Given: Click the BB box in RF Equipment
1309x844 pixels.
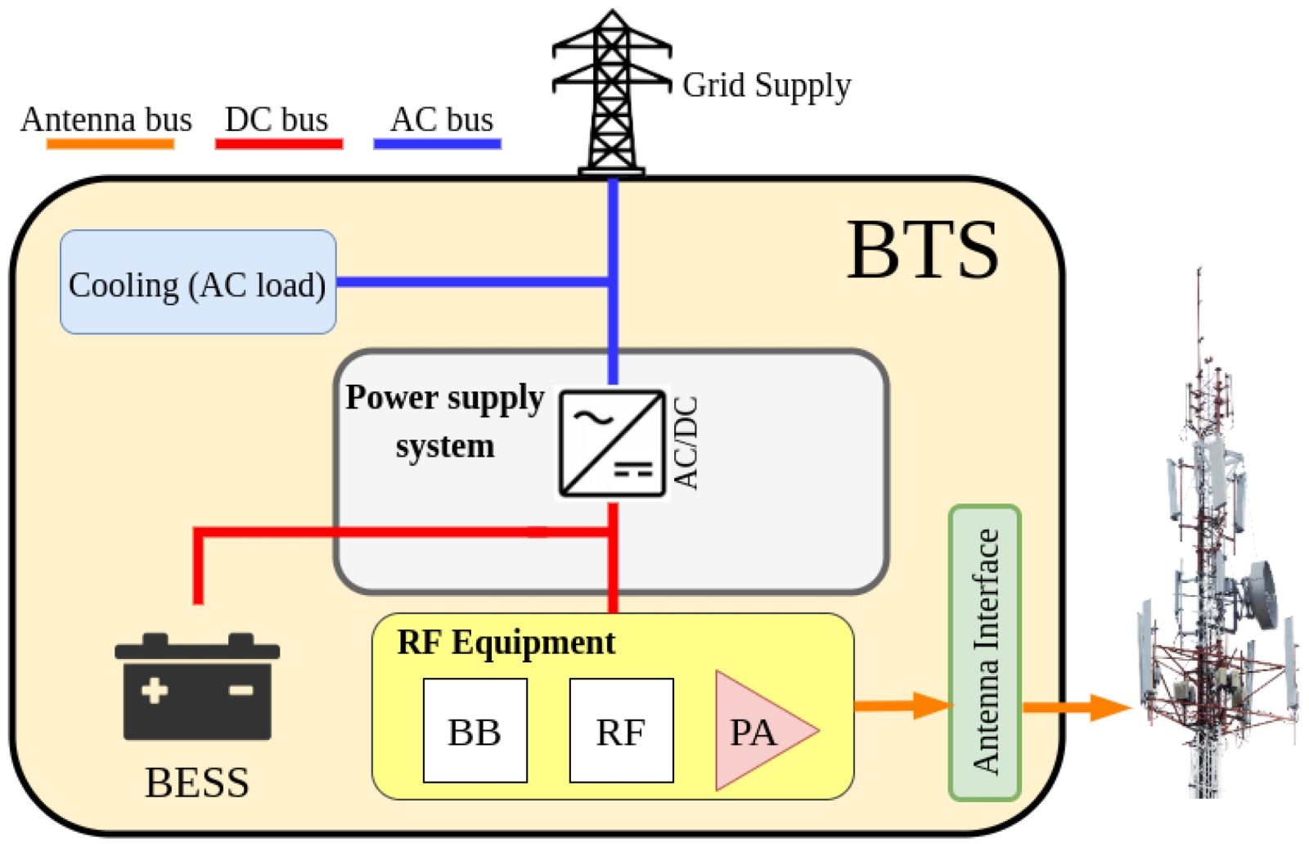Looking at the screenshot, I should coord(475,730).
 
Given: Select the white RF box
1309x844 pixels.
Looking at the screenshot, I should coord(621,730).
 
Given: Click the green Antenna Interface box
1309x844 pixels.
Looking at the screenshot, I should coord(985,652).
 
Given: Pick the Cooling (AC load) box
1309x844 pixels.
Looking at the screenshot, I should coord(198,282).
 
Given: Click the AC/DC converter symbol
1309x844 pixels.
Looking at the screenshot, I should coord(612,443).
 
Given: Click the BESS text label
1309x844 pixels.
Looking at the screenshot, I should coord(197,783).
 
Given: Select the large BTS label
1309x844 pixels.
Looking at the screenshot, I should coord(922,250).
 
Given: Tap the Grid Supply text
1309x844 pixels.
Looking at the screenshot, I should coord(767,85).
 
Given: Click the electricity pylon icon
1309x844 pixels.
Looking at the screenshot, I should coord(611,92).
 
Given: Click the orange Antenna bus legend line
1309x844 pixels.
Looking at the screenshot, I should coord(110,144).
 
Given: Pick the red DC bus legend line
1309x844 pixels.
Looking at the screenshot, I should coord(278,144).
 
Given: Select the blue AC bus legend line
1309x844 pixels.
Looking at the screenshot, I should coord(437,144).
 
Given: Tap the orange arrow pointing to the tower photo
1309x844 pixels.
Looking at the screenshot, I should coord(1076,706).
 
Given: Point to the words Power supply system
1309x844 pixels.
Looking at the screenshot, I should coord(444,421).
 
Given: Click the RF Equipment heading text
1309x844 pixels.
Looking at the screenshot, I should coord(506,643).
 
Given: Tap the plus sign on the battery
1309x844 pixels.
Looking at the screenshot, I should coord(154,690).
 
